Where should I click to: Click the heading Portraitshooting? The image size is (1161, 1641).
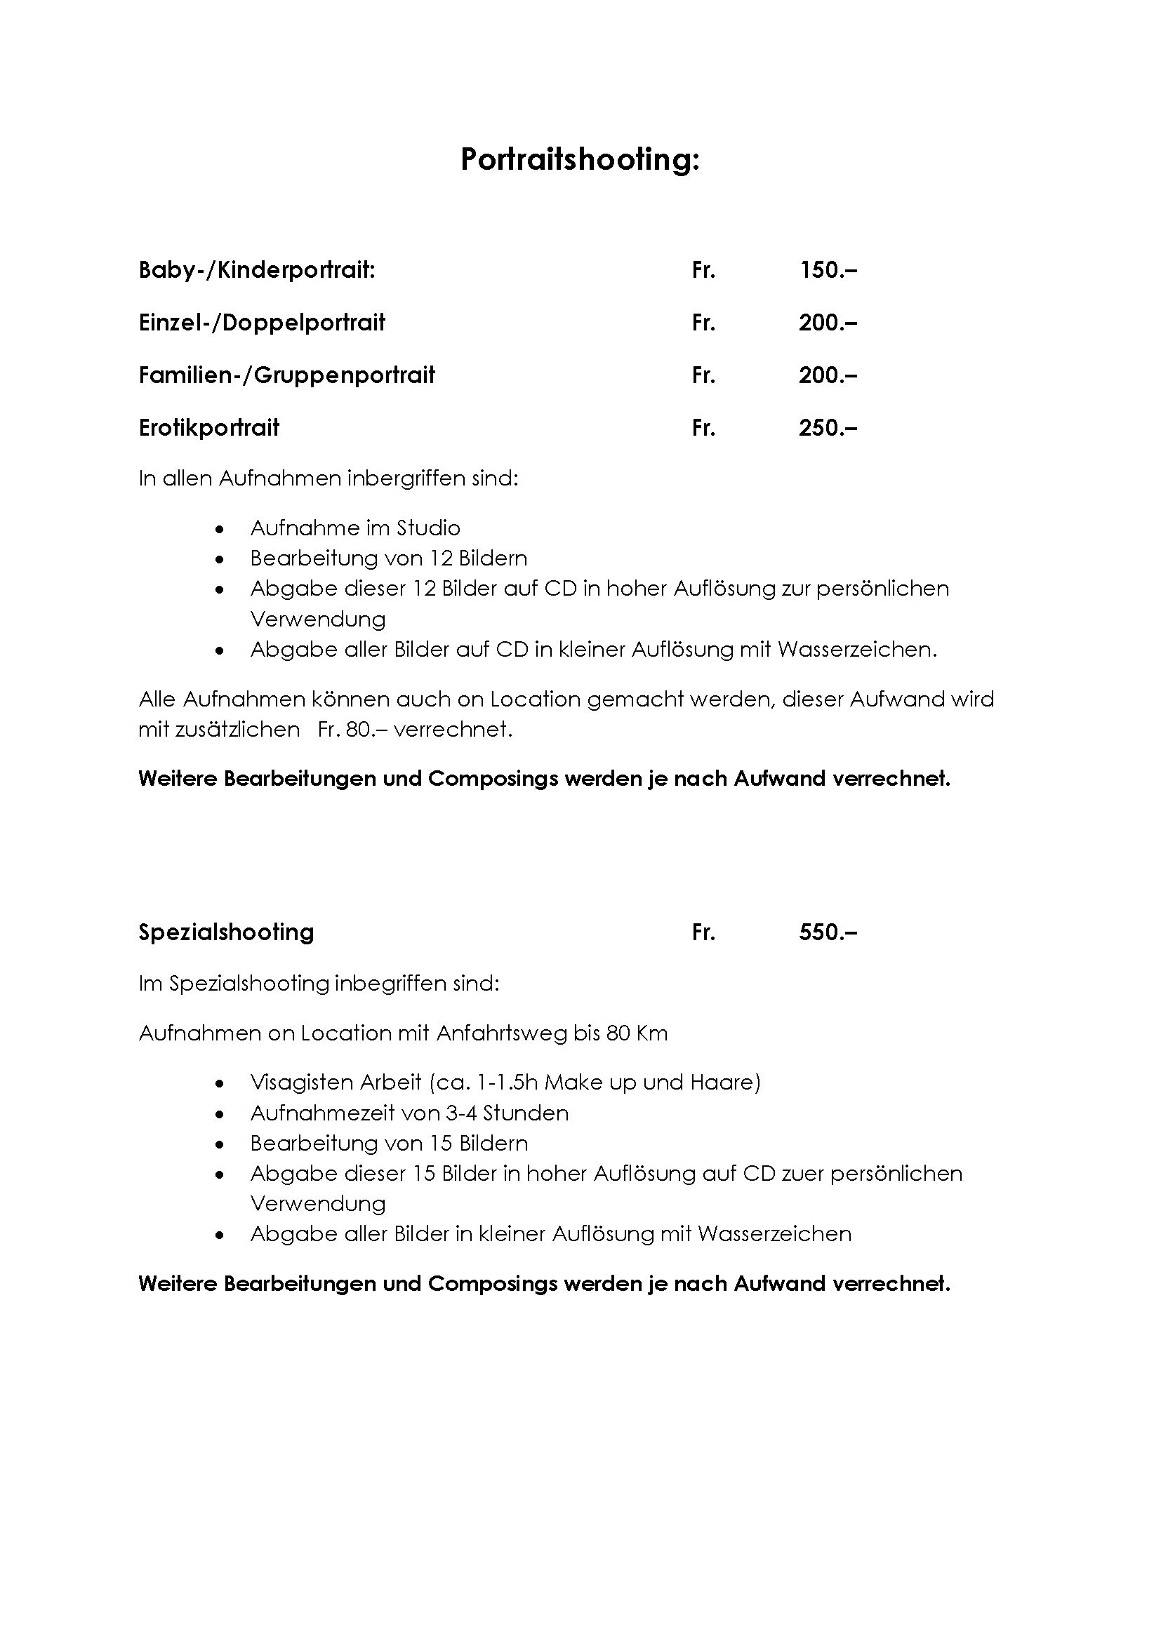tap(580, 159)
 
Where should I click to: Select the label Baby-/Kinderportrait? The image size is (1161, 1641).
tap(257, 270)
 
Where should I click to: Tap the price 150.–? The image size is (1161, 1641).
tap(828, 270)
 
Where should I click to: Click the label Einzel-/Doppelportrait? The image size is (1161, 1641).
tap(262, 323)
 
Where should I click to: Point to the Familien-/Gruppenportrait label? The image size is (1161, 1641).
tap(286, 375)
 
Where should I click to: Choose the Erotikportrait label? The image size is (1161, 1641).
tap(208, 428)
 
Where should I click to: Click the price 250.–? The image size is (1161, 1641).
tap(828, 428)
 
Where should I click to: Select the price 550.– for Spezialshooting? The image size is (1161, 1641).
tap(828, 932)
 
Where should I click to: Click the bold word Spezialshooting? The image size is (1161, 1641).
tap(226, 932)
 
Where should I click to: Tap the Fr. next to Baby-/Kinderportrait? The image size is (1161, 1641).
tap(703, 270)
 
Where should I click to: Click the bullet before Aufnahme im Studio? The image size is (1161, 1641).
tap(220, 530)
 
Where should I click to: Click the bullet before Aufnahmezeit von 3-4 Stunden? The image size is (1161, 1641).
tap(220, 1114)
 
